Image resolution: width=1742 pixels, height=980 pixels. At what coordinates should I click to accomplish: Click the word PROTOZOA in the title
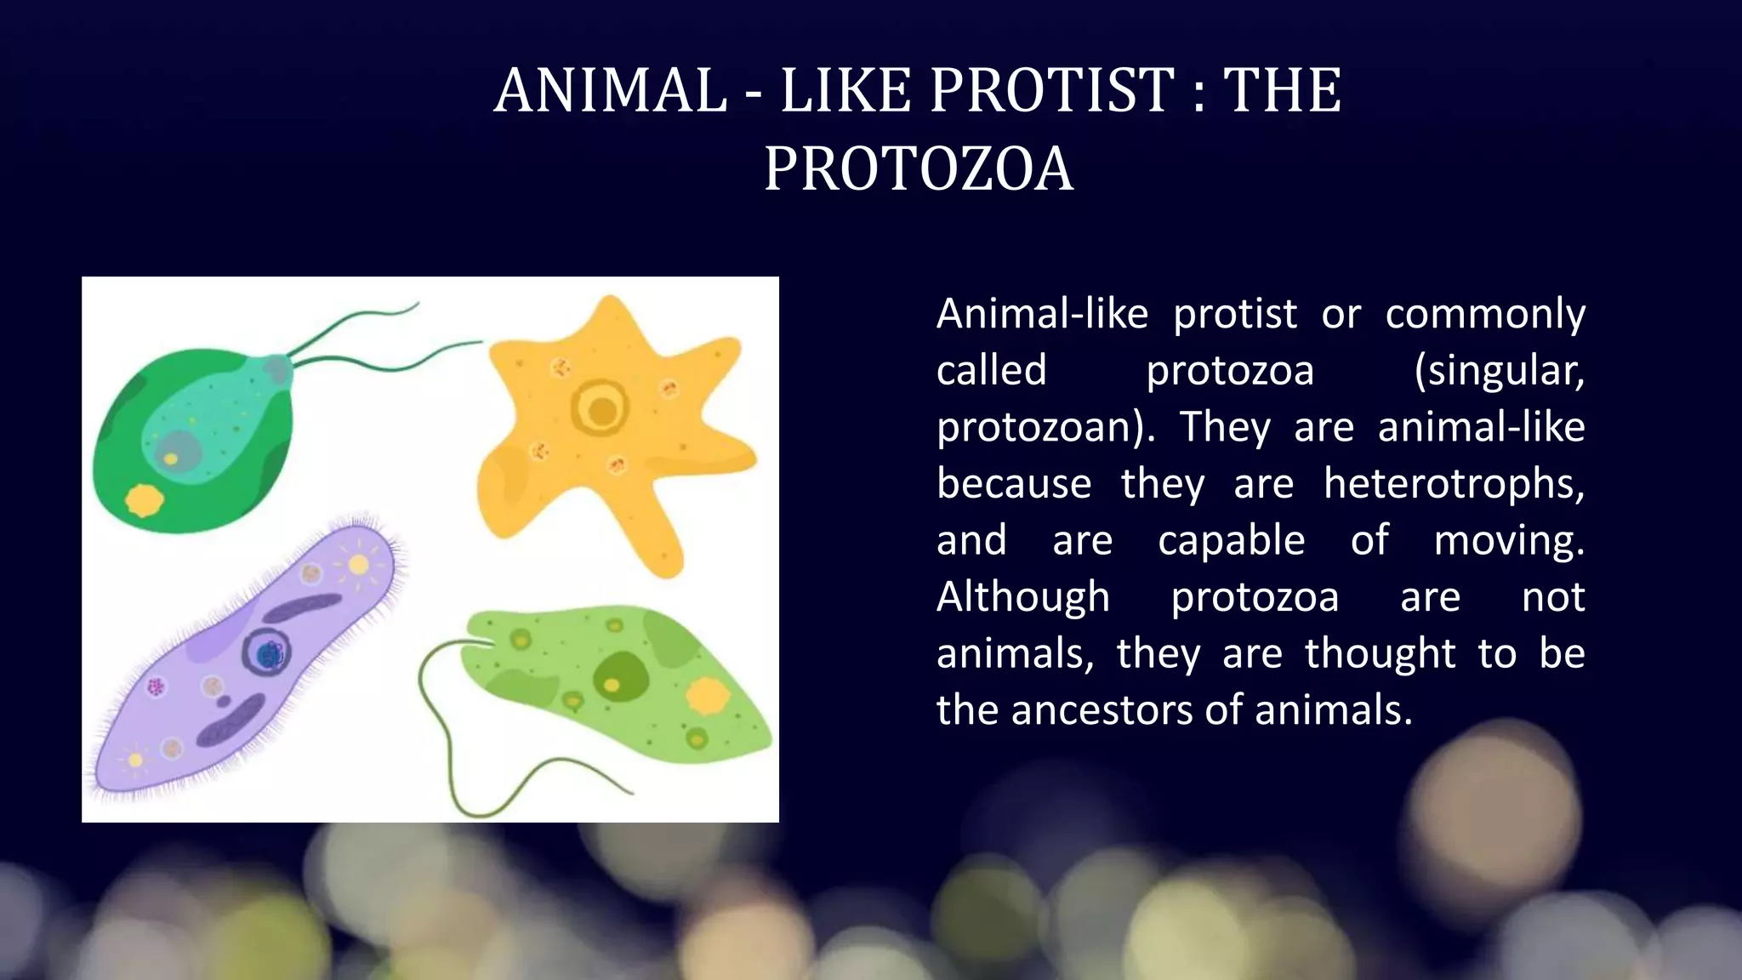918,168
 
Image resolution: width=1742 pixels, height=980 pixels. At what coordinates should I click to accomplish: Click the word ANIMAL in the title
611,90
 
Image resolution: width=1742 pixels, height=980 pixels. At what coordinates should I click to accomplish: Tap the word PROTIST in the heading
1052,90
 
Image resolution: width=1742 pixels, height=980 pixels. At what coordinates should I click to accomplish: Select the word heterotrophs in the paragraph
1454,484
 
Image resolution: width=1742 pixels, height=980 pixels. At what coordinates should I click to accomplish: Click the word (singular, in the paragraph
1499,371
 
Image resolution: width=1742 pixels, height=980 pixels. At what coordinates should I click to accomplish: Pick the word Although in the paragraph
1023,597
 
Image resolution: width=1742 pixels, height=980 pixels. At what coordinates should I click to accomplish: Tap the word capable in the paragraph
1231,541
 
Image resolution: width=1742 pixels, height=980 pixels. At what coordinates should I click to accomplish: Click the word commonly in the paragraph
1484,315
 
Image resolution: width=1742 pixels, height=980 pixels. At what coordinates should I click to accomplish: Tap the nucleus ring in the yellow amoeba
601,409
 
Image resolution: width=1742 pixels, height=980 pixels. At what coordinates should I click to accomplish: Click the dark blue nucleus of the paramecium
269,653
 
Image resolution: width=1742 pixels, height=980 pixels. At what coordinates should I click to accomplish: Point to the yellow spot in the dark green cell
144,500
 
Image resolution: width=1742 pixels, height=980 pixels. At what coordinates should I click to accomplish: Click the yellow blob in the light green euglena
707,697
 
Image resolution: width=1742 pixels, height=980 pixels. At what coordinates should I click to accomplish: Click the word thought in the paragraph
1380,654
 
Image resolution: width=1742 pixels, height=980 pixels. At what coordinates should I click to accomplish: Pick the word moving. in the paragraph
1508,541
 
